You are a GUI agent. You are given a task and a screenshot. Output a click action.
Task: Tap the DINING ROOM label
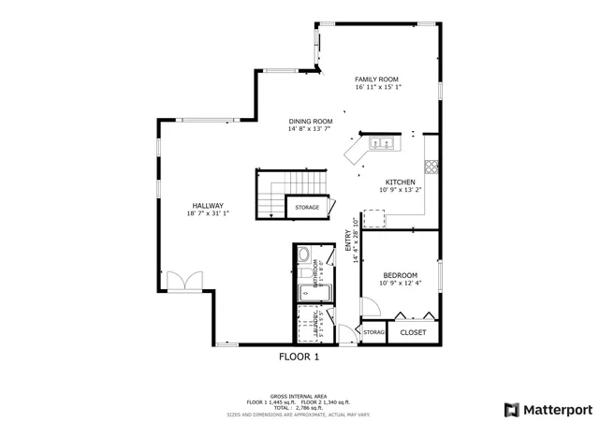point(311,121)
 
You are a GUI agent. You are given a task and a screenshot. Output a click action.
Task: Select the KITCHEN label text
point(401,182)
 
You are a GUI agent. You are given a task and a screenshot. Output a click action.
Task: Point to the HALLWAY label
point(208,206)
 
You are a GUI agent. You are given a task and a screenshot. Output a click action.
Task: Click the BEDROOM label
point(400,275)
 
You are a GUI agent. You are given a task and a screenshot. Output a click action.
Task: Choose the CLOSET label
point(413,332)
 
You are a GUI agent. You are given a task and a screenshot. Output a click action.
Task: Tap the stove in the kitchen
point(431,168)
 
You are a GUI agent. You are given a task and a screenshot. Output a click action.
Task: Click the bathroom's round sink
point(303,255)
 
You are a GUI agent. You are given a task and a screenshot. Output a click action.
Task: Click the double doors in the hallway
point(183,282)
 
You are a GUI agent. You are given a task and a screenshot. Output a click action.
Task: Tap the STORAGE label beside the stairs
point(307,207)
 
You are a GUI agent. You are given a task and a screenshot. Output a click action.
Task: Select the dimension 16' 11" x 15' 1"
point(378,88)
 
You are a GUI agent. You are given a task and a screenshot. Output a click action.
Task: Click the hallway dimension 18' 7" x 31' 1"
point(208,214)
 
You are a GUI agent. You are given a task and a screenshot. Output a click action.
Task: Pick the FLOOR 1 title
point(299,357)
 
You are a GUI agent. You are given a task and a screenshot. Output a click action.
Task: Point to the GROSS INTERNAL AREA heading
point(299,396)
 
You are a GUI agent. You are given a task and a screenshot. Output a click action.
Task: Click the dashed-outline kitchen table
point(373,219)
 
